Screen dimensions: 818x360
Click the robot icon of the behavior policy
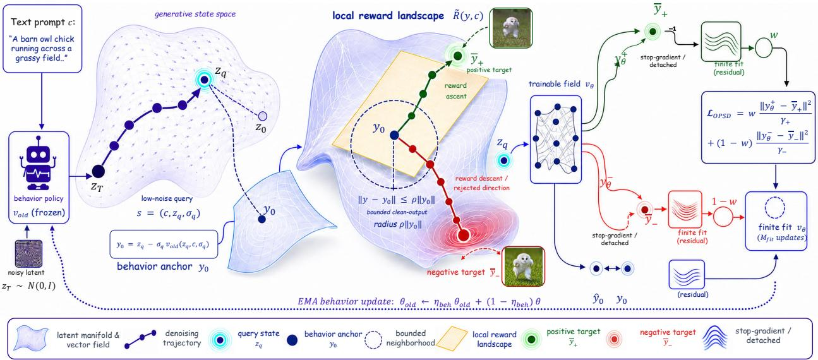coord(39,164)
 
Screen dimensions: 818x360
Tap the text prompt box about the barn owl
coord(42,39)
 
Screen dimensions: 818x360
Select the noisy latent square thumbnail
coord(28,254)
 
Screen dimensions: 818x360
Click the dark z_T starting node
coord(98,171)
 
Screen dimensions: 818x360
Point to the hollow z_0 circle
coord(262,116)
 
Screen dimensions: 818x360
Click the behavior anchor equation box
coord(164,244)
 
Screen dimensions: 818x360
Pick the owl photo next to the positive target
coord(511,28)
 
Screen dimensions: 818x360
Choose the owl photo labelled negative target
coord(523,266)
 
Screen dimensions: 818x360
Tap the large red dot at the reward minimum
coord(463,235)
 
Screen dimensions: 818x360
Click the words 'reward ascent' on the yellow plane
coord(456,90)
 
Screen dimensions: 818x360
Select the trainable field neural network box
coord(555,139)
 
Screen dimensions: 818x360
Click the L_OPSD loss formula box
coord(758,127)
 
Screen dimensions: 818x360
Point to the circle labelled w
coord(764,48)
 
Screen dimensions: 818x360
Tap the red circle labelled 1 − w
coord(723,217)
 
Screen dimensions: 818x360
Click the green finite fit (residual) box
coord(721,42)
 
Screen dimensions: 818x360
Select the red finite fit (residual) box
coord(685,209)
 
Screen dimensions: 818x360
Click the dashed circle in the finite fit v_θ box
coord(774,207)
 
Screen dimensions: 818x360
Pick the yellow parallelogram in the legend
coord(452,339)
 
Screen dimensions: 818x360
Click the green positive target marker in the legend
coord(532,339)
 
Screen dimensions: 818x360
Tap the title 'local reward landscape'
coord(388,16)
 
